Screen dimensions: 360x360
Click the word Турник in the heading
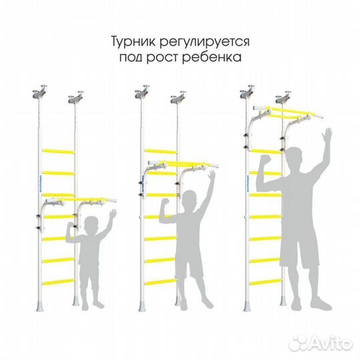coord(132,41)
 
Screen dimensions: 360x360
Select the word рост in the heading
coord(167,58)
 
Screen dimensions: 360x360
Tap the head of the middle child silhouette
coord(191,199)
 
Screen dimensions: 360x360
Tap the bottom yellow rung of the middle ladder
coord(159,282)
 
